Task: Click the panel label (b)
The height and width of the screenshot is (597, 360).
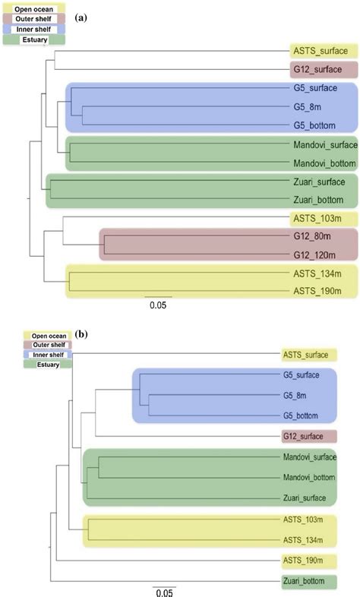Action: [81, 332]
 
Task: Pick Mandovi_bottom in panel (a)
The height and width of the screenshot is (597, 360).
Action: [322, 163]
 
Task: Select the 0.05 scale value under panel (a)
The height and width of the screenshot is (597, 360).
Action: [158, 306]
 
